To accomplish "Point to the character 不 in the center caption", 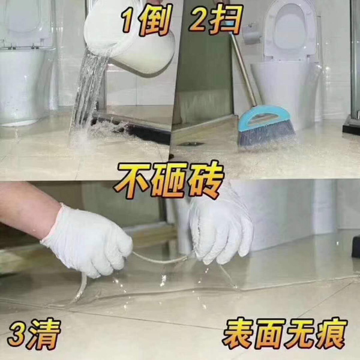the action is [133, 180].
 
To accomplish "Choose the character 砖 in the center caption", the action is [205, 180].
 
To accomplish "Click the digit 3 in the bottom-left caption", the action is [17, 335].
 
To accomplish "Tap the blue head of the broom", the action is [264, 118].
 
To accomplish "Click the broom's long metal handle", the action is [244, 69].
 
